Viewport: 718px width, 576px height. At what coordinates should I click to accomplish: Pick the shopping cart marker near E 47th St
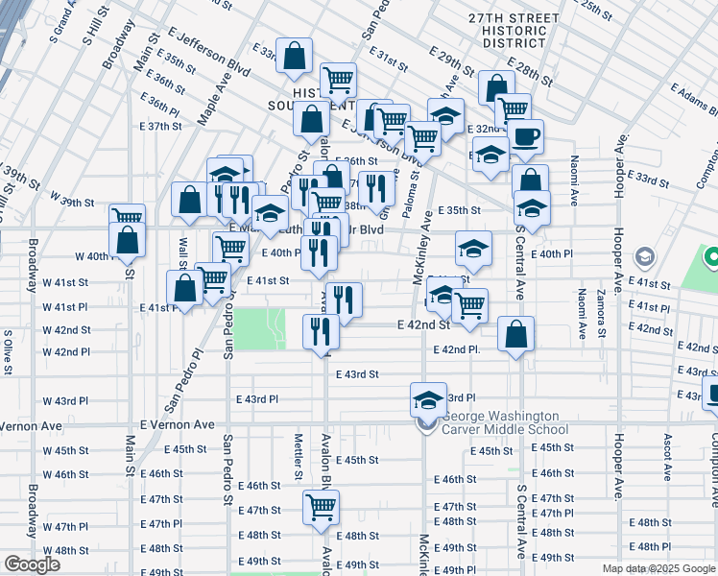click(x=322, y=507)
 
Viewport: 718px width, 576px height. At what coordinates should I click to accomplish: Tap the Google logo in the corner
click(x=32, y=564)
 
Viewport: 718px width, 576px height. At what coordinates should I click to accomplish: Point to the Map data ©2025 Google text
click(x=658, y=568)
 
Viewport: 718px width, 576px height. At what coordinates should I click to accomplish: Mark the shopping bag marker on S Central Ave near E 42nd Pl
click(x=516, y=334)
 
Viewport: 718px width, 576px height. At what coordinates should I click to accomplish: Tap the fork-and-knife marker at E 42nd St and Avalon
click(x=321, y=333)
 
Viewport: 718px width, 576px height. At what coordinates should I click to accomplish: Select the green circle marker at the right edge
click(x=711, y=257)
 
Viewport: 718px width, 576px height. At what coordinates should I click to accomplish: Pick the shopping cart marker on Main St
click(x=127, y=219)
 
